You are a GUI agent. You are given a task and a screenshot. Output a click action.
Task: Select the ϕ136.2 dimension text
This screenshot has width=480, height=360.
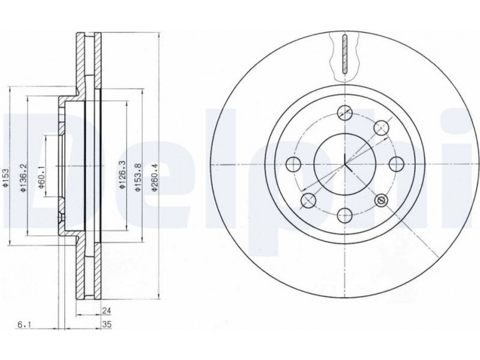pos(23,178)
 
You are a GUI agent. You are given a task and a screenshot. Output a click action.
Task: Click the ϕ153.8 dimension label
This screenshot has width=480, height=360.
pos(138,178)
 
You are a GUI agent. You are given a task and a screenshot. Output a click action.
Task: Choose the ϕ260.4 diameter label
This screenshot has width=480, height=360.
pos(155,178)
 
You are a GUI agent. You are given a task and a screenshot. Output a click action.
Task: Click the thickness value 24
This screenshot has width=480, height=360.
pos(106,311)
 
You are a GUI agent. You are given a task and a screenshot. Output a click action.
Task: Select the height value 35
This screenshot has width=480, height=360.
pos(107,325)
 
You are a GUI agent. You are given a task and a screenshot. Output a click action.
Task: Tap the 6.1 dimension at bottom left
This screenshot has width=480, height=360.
pos(23,325)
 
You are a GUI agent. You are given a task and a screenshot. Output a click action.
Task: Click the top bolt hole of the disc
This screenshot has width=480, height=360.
pos(344,113)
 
